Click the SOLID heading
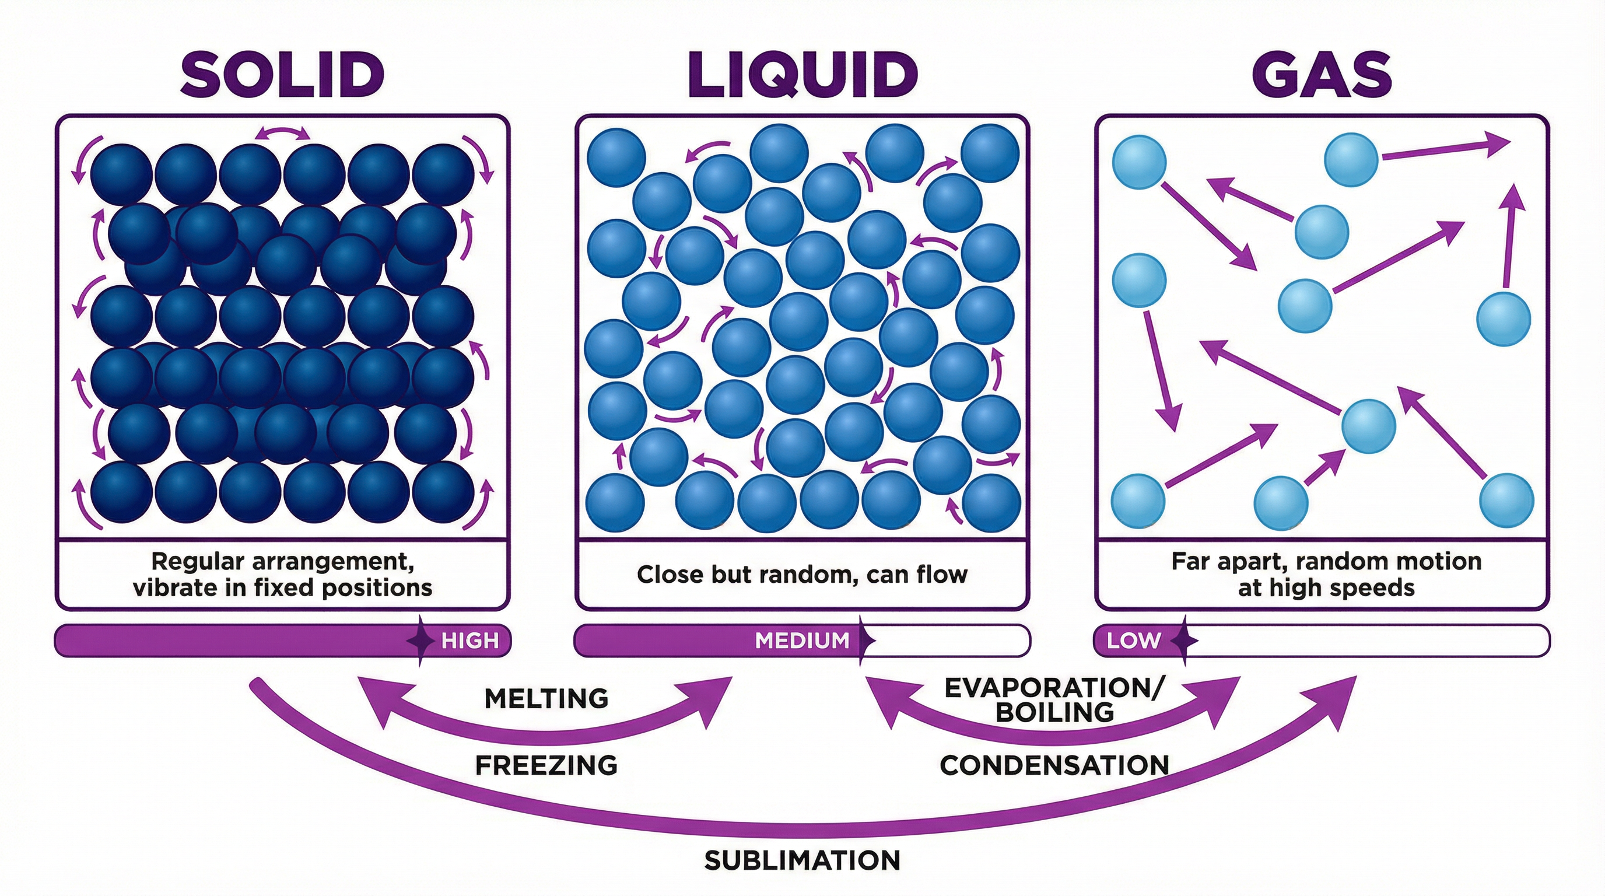[x=282, y=74]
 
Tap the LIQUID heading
[x=802, y=74]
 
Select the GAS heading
[x=1322, y=74]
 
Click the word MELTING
[x=546, y=698]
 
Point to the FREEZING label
[x=546, y=765]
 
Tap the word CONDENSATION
[x=1054, y=765]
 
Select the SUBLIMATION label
[x=802, y=860]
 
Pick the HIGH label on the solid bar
[x=470, y=640]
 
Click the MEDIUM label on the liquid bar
[x=802, y=640]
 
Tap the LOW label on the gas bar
[x=1133, y=640]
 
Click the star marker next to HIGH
[x=420, y=640]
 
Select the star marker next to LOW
[x=1184, y=640]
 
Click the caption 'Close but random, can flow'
[x=802, y=574]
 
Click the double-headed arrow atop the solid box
[x=282, y=133]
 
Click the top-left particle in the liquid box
[x=616, y=157]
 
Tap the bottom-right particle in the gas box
[x=1506, y=501]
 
